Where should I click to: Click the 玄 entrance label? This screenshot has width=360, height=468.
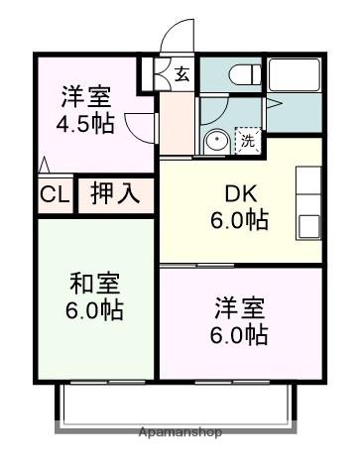click(x=182, y=73)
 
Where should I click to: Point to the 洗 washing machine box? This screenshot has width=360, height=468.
click(x=248, y=141)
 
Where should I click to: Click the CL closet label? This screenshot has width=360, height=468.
click(x=55, y=194)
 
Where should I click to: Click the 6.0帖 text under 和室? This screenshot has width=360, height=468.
click(x=95, y=310)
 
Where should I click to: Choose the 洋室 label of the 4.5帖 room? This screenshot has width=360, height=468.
click(x=85, y=99)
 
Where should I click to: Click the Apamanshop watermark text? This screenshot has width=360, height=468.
click(x=180, y=432)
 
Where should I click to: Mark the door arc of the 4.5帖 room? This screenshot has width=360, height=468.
click(x=142, y=127)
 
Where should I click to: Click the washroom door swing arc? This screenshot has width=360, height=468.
click(x=268, y=104)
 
